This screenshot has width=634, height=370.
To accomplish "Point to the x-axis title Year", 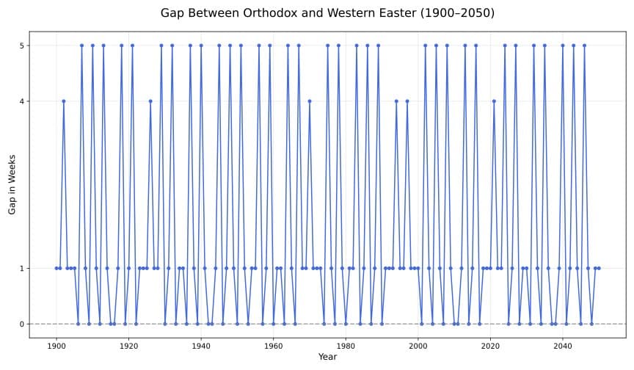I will [327, 357].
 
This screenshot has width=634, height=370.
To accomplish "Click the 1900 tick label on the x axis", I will [57, 344].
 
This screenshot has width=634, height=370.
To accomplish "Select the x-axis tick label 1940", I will [201, 344].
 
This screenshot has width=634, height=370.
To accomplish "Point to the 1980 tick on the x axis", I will [346, 344].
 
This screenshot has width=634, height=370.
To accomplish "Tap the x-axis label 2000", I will [418, 344].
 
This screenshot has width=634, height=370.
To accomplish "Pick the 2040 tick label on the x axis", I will [562, 344].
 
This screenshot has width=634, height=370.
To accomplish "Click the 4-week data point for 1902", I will [64, 101].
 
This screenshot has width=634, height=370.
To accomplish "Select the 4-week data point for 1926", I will [150, 101].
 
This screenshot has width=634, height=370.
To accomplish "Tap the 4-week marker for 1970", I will [310, 101].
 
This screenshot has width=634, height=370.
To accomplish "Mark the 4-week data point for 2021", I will [494, 101].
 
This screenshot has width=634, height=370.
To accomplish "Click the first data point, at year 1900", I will [57, 268].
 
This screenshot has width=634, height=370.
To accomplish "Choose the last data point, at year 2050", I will [599, 268].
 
